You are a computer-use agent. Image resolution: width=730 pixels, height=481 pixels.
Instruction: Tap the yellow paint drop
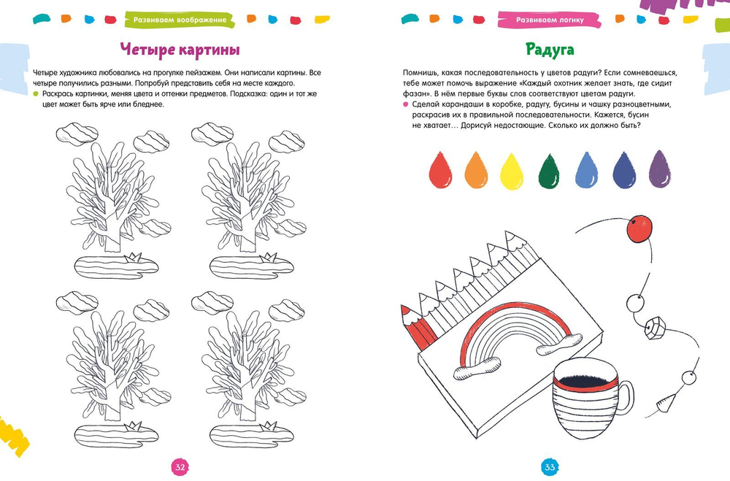511,172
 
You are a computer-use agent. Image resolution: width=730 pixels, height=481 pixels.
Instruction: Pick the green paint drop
548,172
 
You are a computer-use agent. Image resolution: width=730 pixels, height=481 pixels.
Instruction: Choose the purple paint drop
660,169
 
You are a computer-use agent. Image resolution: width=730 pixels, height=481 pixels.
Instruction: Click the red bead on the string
639,228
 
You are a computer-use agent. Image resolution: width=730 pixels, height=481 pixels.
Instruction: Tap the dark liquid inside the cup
585,380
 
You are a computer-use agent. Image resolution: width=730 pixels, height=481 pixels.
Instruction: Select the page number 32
180,467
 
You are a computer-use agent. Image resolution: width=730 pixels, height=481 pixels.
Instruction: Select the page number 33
550,467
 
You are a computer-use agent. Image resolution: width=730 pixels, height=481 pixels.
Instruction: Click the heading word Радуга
550,50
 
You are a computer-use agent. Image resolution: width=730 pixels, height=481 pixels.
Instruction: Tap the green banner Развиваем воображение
180,20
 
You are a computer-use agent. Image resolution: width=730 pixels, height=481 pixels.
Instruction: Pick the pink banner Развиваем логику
550,20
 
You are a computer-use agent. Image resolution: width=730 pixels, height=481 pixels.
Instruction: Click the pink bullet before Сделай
405,104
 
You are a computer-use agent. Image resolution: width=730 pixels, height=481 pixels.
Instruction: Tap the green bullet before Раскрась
35,93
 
